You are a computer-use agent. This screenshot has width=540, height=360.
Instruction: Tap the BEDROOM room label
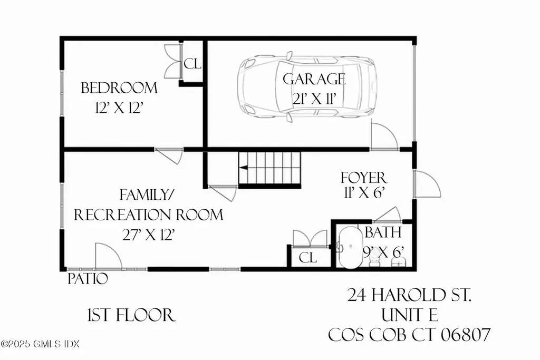[x=119, y=87]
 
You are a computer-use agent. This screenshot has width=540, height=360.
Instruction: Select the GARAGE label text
[x=314, y=80]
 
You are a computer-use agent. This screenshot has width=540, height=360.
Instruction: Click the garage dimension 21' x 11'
[x=315, y=99]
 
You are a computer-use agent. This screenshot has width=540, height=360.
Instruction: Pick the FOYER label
[x=363, y=177]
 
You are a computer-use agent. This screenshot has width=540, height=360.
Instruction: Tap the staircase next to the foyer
[x=269, y=168]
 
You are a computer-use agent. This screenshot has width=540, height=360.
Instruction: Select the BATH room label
[x=383, y=232]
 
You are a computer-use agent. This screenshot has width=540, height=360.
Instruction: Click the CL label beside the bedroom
[x=192, y=64]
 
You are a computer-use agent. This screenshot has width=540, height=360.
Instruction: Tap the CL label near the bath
[x=307, y=258]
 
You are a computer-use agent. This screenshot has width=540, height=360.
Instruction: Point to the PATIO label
[x=88, y=278]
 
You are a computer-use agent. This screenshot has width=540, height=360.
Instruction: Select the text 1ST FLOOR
[x=130, y=315]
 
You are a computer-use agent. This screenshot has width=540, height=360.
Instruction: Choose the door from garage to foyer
[x=384, y=137]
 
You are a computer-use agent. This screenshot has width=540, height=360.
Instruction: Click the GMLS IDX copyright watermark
[x=40, y=344]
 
